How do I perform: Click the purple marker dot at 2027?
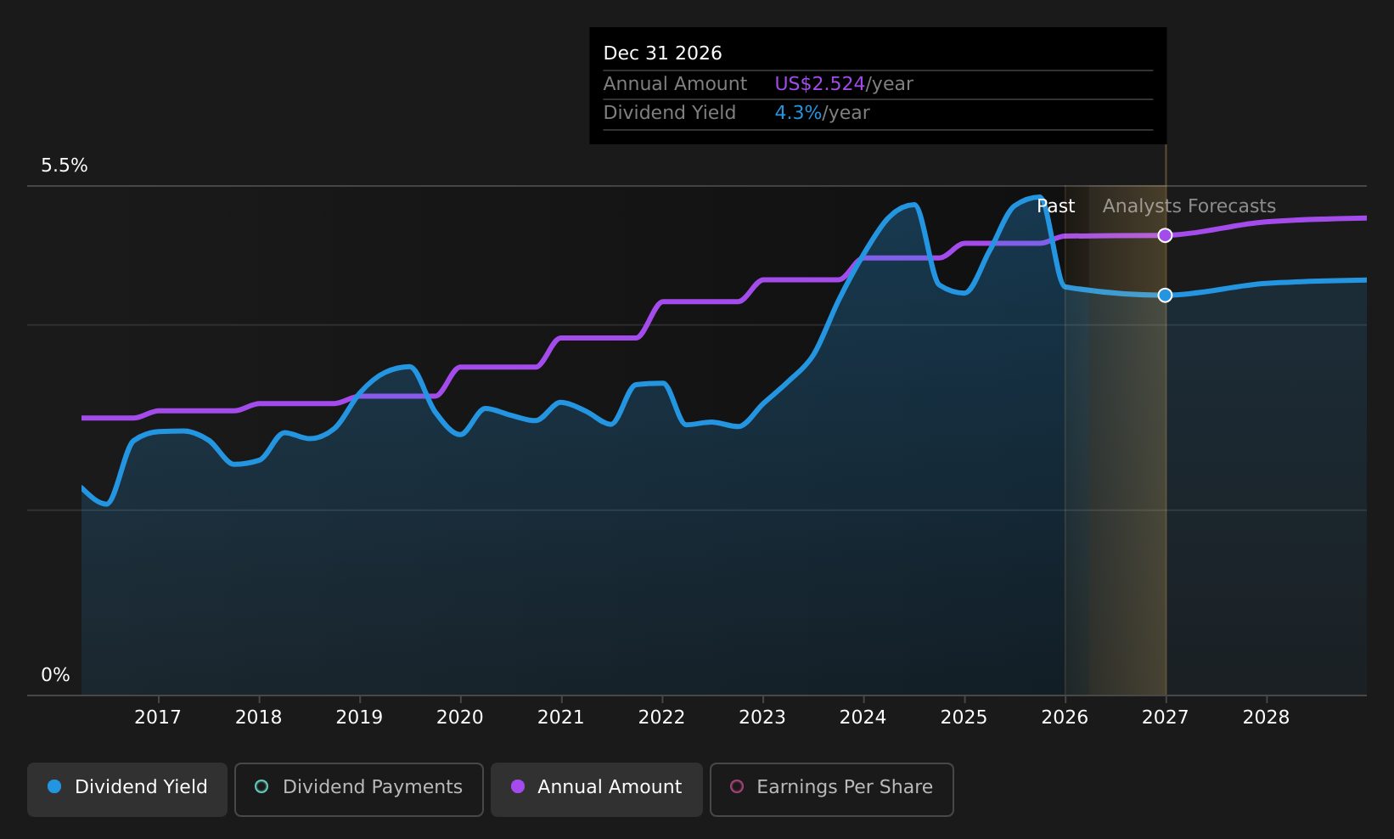pyautogui.click(x=1165, y=235)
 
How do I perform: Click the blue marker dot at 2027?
pyautogui.click(x=1165, y=295)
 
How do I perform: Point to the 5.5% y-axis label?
pyautogui.click(x=65, y=166)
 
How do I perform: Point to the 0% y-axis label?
pyautogui.click(x=55, y=675)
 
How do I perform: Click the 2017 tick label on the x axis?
pyautogui.click(x=158, y=718)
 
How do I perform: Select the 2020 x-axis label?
pyautogui.click(x=460, y=718)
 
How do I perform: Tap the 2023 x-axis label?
pyautogui.click(x=762, y=718)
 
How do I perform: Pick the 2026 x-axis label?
pyautogui.click(x=1065, y=718)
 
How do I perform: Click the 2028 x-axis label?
pyautogui.click(x=1266, y=718)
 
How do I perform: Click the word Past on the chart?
pyautogui.click(x=1055, y=206)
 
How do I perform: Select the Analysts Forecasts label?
pyautogui.click(x=1189, y=206)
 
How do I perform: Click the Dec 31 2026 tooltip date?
pyautogui.click(x=662, y=53)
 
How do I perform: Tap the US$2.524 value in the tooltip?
pyautogui.click(x=819, y=84)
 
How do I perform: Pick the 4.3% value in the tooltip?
pyautogui.click(x=798, y=113)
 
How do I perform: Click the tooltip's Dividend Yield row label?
pyautogui.click(x=669, y=113)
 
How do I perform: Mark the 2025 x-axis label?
pyautogui.click(x=964, y=718)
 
